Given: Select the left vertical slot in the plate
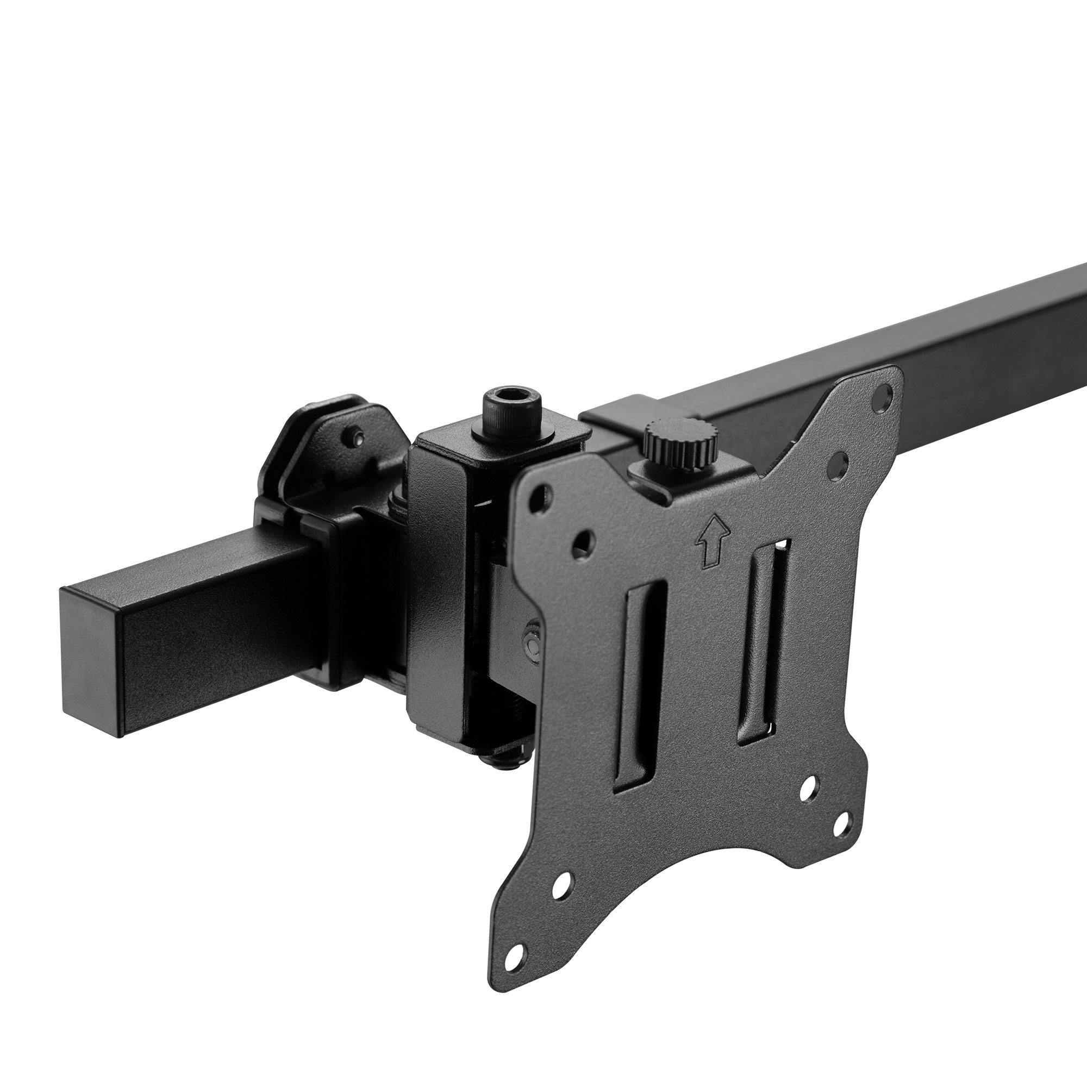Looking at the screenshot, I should pos(640,688).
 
